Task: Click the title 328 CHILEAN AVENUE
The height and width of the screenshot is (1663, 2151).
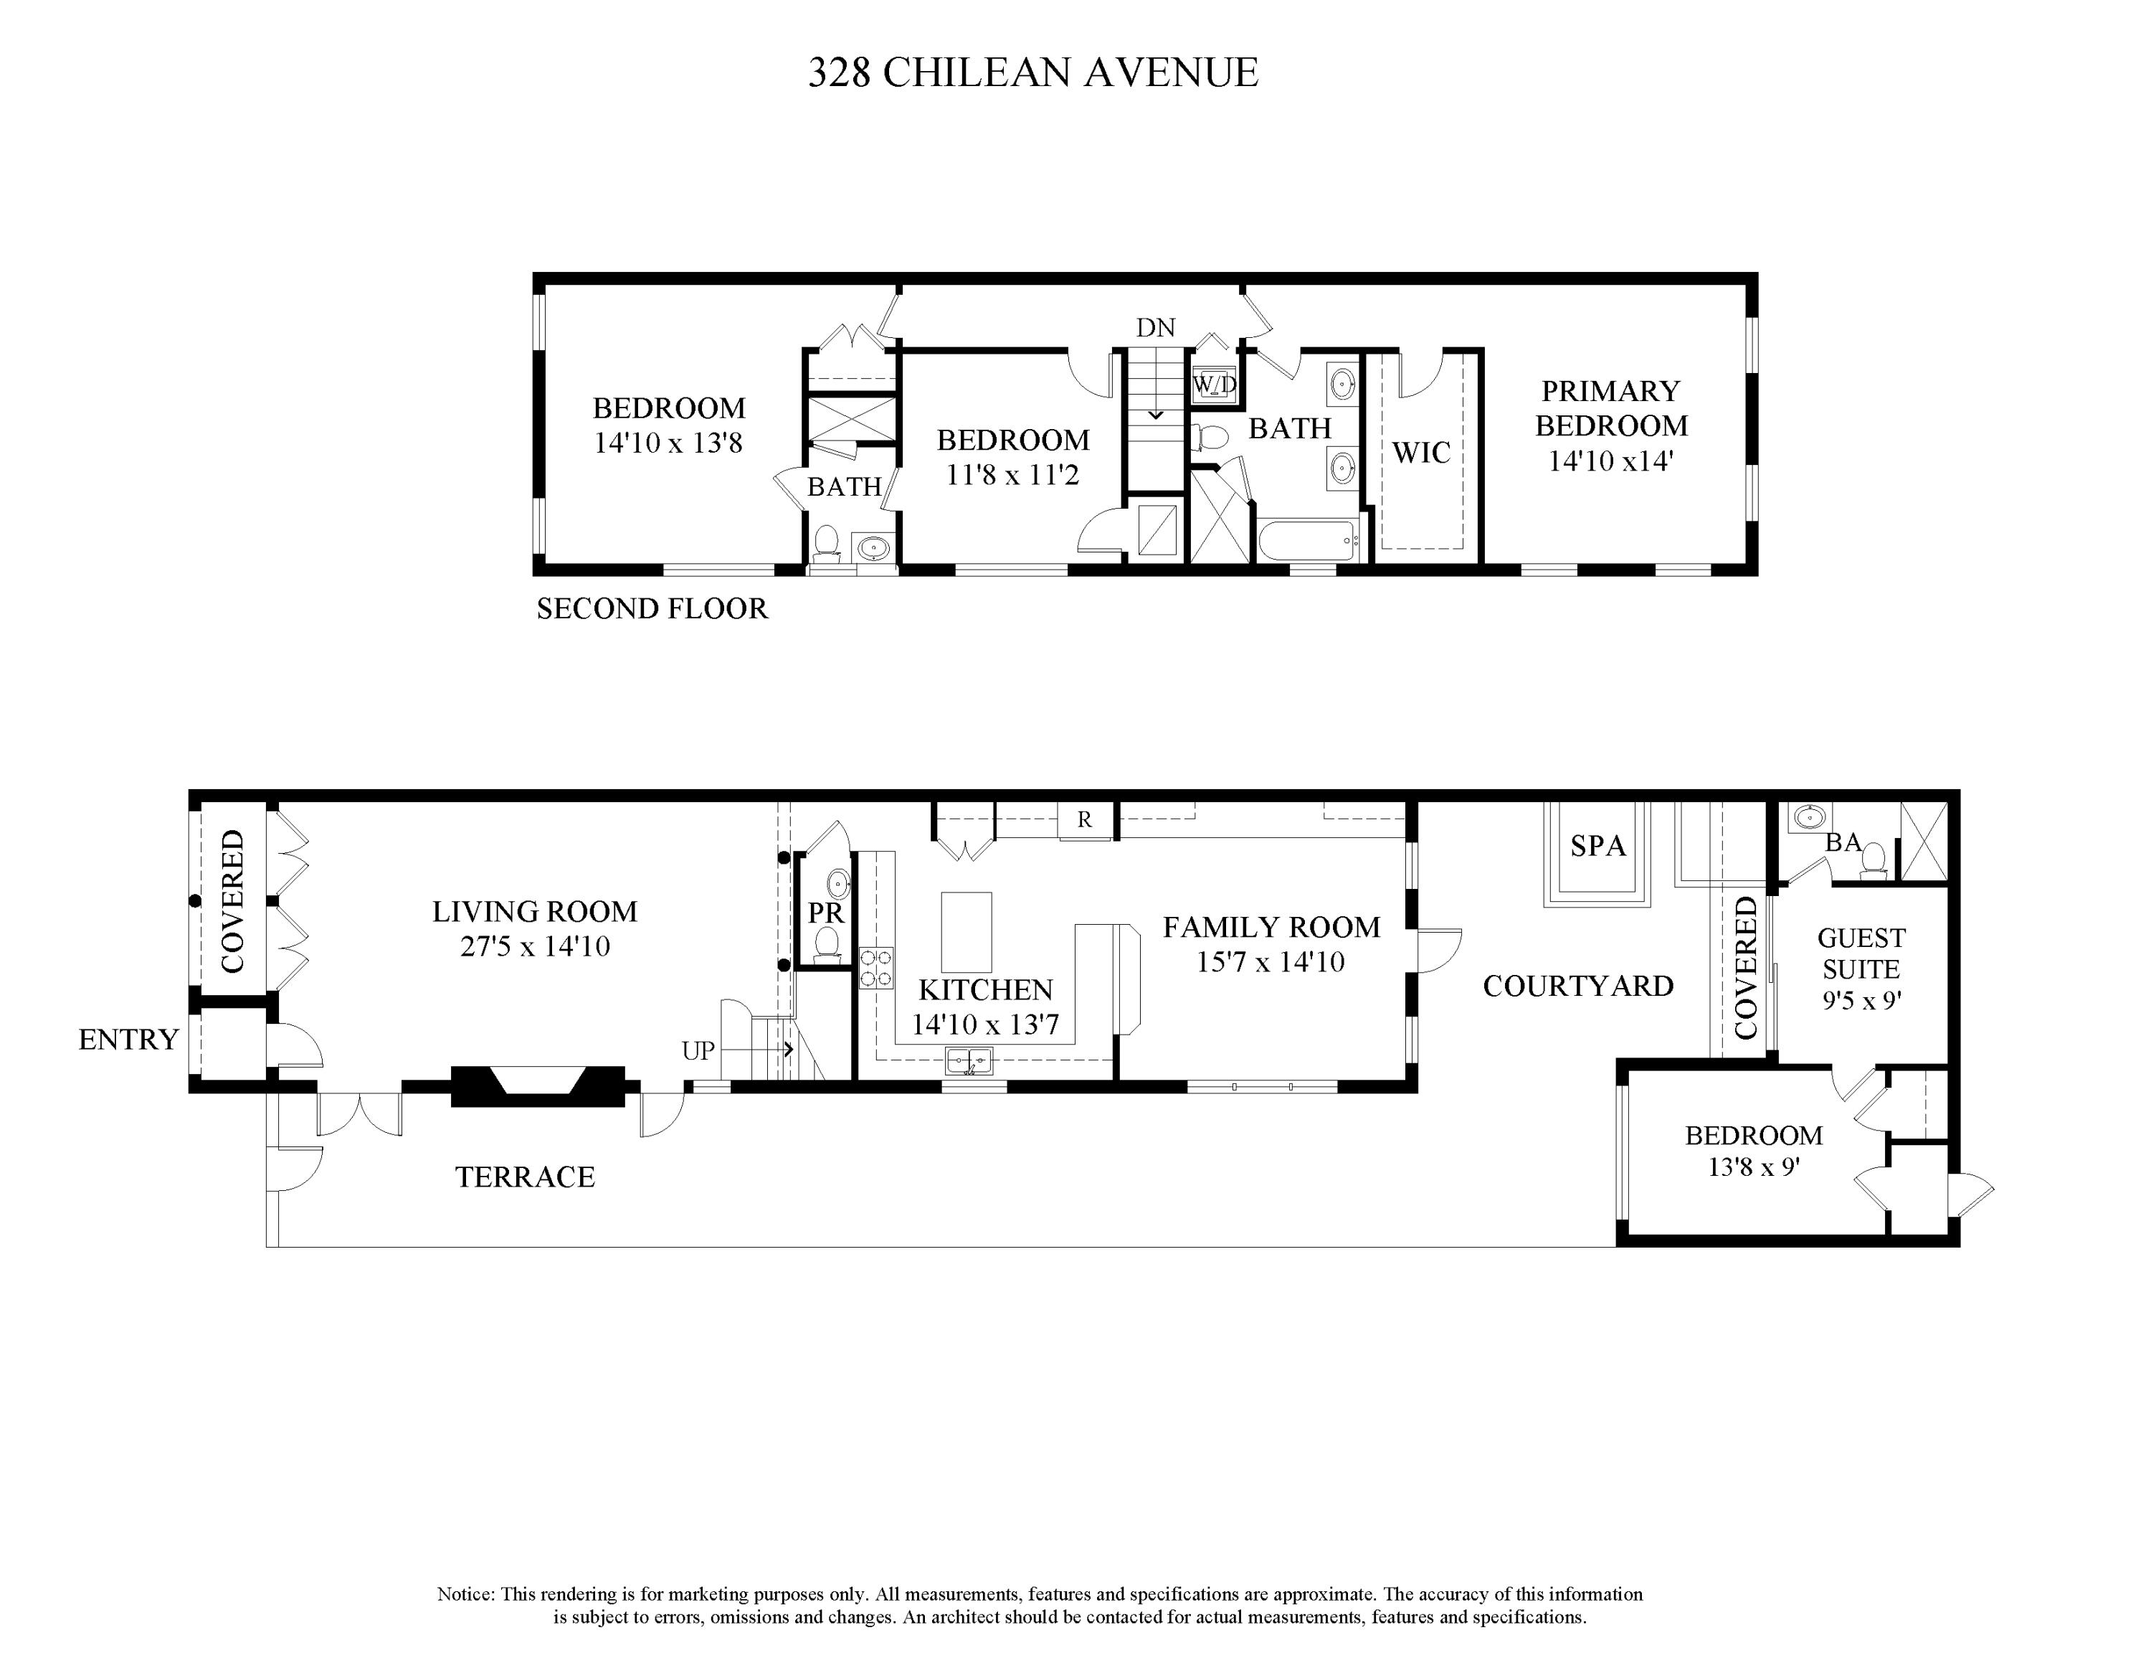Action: [x=1033, y=73]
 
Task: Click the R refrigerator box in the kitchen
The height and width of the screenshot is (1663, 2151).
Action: [x=1084, y=820]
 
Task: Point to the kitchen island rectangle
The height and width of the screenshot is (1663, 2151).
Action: [x=967, y=932]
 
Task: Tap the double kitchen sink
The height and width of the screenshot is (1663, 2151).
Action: [x=969, y=1061]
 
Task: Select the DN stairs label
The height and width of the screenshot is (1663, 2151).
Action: [x=1155, y=328]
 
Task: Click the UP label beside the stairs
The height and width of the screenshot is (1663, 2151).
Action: [x=698, y=1051]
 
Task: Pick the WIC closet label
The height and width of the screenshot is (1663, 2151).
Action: [x=1420, y=453]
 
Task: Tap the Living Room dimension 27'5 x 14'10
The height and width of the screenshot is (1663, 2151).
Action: [x=535, y=947]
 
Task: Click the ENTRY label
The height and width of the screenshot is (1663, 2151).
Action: [x=128, y=1040]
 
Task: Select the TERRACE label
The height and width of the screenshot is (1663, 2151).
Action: [x=525, y=1177]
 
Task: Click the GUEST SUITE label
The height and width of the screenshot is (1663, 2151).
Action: [x=1861, y=953]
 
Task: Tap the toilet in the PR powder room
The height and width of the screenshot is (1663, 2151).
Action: [x=827, y=943]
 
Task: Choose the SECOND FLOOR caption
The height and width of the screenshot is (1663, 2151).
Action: [x=651, y=609]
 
